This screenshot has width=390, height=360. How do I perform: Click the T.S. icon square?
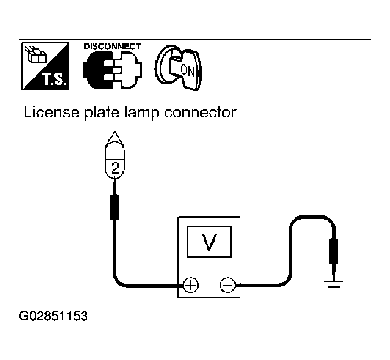coord(45,66)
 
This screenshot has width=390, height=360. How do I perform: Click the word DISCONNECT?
coord(113,46)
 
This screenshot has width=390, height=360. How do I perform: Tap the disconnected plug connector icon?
coord(113,70)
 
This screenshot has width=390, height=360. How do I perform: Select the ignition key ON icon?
coord(179,68)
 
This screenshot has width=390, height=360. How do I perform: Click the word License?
coord(51,112)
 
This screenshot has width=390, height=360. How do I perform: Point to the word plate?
coord(102,113)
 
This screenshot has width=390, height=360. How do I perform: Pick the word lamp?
coord(141,113)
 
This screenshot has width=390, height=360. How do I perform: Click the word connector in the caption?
coord(200,113)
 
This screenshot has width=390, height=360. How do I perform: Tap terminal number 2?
coord(115,168)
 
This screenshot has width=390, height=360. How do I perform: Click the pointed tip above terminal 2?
coord(115,132)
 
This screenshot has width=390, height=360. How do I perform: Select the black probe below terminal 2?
coord(115,207)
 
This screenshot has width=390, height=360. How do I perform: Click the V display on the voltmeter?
coord(209,242)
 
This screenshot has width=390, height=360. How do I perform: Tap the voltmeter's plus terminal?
coord(191,285)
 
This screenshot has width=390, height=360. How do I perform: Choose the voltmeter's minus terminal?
coord(228,285)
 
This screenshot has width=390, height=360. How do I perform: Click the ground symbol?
coord(333,287)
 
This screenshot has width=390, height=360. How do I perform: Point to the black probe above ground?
coord(333,251)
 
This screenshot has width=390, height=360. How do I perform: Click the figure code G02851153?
coord(53,316)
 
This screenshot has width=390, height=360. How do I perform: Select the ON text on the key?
coord(187,70)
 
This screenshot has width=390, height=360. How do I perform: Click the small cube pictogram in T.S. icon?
coord(36,56)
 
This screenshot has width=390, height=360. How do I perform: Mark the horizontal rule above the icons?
coord(195,40)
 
